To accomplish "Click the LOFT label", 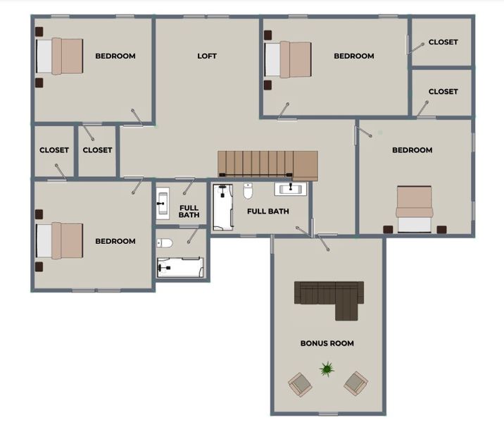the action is [207, 56].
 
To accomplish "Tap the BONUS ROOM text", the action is [327, 343].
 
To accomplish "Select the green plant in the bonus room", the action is [327, 369].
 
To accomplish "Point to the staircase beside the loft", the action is [267, 165].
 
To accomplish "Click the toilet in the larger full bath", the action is [248, 190].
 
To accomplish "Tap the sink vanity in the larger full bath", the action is [291, 189].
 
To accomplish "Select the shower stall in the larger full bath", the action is [223, 207].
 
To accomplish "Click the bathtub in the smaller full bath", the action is [180, 267].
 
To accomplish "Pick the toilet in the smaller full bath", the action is [165, 243].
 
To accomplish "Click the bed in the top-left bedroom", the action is [59, 56].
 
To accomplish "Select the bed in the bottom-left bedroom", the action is [59, 240].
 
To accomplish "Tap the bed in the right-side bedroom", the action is [415, 209].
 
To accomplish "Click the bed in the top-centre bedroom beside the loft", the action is [288, 59].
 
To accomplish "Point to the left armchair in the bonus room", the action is [300, 384].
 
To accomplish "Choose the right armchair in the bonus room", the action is [355, 384].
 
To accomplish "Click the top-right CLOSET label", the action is [443, 42].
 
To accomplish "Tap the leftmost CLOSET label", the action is [54, 150].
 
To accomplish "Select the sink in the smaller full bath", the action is [163, 204].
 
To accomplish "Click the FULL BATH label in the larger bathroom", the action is [267, 211].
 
